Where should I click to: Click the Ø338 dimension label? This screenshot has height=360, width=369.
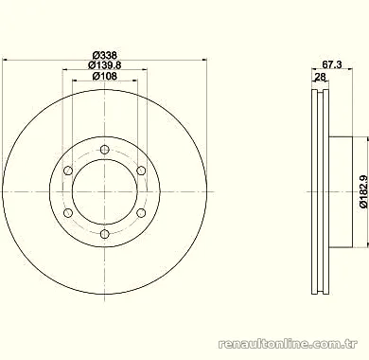pos(105,55)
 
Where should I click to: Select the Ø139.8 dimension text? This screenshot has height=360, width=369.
pos(105,65)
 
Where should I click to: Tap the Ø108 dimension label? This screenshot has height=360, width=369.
pos(105,76)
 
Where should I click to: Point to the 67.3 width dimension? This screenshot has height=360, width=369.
pos(332,64)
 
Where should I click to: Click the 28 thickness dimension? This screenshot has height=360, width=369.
pos(320,77)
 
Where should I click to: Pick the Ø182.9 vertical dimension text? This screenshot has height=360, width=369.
pos(363,191)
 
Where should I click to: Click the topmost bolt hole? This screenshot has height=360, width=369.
pos(104,150)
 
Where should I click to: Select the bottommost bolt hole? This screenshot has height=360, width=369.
pos(104,234)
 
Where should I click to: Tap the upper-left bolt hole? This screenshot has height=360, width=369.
pos(68,171)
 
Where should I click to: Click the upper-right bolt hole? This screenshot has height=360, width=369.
pos(141,171)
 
